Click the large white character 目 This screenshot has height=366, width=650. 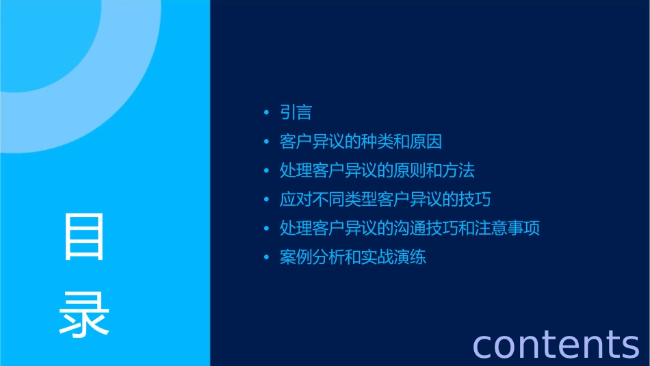click(84, 237)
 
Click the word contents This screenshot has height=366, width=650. click(556, 344)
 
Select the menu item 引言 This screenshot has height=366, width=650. click(296, 113)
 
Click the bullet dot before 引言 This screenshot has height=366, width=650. click(267, 113)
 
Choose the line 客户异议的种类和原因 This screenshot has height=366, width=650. click(361, 142)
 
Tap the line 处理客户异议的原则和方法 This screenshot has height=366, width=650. click(377, 170)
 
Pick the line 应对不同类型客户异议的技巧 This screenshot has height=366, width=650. click(385, 200)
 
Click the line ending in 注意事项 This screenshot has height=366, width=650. click(410, 228)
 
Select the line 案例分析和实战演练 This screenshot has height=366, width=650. click(352, 258)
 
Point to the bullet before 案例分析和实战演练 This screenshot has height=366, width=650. click(267, 258)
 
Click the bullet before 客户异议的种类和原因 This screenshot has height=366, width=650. click(267, 142)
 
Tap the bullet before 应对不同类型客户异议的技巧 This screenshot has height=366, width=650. click(267, 200)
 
